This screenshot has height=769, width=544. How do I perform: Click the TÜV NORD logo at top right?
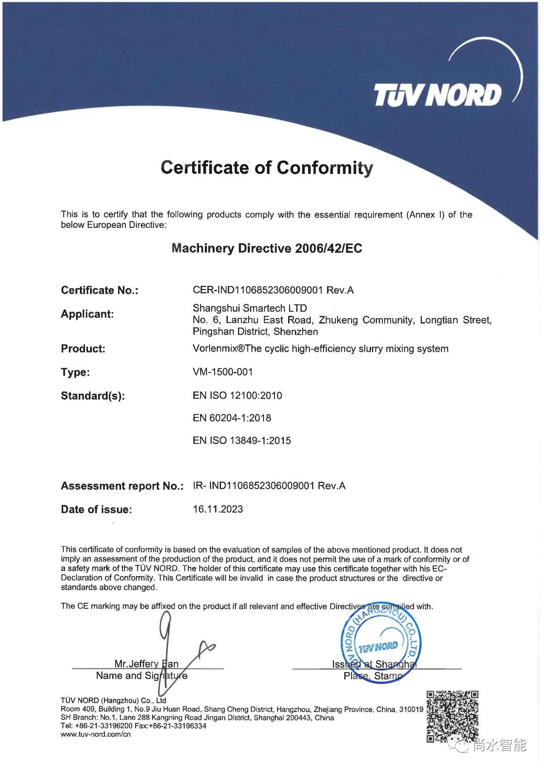438,94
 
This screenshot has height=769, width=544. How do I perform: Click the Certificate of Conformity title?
267,167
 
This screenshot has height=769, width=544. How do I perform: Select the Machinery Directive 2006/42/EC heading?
267,248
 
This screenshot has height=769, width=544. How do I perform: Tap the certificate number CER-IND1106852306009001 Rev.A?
273,290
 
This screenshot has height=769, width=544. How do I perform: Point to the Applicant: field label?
87,314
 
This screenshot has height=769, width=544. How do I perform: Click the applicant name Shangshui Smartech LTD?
249,308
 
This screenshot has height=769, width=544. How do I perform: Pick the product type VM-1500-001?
223,372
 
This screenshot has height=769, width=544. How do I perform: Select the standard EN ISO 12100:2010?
237,395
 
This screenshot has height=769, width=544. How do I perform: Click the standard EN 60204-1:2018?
232,418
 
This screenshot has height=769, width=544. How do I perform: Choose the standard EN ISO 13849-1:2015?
242,440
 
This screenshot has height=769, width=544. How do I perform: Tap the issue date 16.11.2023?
218,509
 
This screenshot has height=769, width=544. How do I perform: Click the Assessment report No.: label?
122,486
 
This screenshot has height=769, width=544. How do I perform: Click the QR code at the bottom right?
452,717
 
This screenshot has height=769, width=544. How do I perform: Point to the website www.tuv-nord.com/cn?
96,734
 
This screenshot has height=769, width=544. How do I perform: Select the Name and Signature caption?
142,675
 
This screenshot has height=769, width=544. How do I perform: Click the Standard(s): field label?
93,396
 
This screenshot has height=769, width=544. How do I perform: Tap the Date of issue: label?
96,509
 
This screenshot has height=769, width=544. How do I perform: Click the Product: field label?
83,349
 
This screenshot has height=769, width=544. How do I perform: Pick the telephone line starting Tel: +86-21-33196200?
133,726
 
